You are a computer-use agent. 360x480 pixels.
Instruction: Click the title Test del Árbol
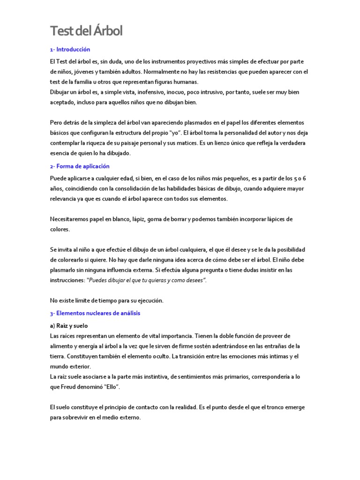[86, 31]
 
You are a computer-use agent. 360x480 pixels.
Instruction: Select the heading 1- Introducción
[70, 49]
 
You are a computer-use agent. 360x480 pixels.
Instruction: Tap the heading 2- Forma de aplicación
[79, 166]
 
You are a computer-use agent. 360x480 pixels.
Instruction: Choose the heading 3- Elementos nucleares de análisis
[95, 313]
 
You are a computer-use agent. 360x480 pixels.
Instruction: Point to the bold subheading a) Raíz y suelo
[68, 325]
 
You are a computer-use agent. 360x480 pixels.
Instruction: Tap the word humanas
[186, 82]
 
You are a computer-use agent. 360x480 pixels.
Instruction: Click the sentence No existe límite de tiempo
[106, 300]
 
